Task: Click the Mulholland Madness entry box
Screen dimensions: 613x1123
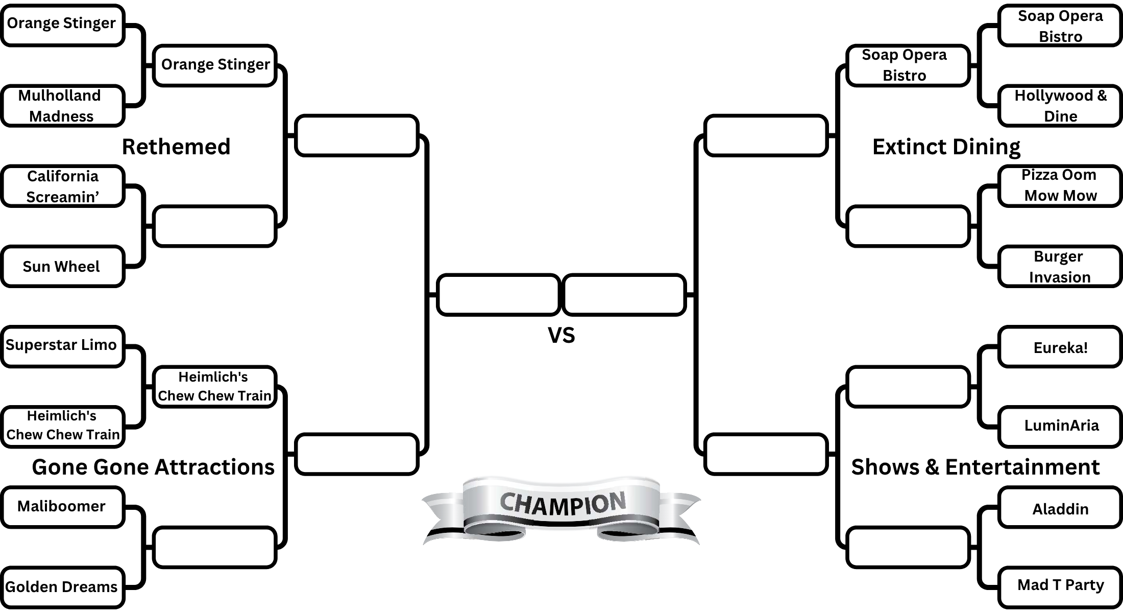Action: pyautogui.click(x=62, y=106)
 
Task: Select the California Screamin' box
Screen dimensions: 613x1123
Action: pyautogui.click(x=62, y=186)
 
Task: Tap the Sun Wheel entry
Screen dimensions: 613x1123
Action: pyautogui.click(x=62, y=266)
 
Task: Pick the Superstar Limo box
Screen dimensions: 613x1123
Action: pyautogui.click(x=62, y=346)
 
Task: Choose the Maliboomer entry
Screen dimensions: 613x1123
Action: pyautogui.click(x=62, y=506)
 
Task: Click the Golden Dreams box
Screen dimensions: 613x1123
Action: pyautogui.click(x=62, y=586)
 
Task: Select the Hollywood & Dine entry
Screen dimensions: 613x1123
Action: pyautogui.click(x=1060, y=106)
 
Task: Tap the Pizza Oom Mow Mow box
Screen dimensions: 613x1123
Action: pyautogui.click(x=1060, y=185)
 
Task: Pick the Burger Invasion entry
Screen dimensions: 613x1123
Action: pyautogui.click(x=1060, y=266)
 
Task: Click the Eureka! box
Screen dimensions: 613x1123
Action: pyautogui.click(x=1060, y=347)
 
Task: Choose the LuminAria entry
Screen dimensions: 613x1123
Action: pyautogui.click(x=1060, y=426)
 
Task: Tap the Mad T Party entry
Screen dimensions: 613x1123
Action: pyautogui.click(x=1060, y=585)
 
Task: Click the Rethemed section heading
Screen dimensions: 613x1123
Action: pyautogui.click(x=176, y=147)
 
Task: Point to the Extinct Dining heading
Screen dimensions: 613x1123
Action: pyautogui.click(x=946, y=147)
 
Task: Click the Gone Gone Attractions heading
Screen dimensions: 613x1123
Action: pyautogui.click(x=153, y=467)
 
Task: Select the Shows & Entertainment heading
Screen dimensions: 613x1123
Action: pyautogui.click(x=975, y=467)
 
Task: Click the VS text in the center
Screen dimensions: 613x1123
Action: pyautogui.click(x=561, y=335)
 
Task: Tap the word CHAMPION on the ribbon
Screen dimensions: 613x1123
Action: pyautogui.click(x=562, y=503)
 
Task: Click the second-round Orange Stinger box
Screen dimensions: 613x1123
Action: pyautogui.click(x=215, y=65)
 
